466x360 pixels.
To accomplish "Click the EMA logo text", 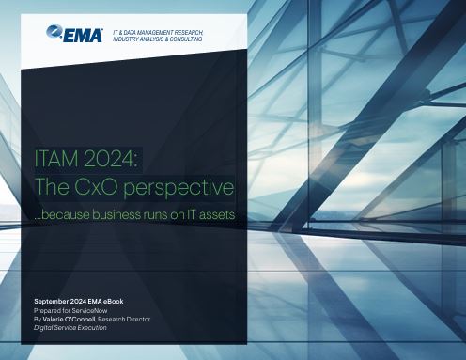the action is pos(83,36).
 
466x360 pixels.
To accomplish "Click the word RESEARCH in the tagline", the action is pos(189,33).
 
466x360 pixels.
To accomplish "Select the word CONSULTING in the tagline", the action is pos(186,39).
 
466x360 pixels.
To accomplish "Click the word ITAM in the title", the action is pos(56,159).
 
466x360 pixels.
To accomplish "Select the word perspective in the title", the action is pos(179,189).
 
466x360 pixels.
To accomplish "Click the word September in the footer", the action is pos(52,302).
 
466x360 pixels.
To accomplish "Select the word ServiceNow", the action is pos(89,310).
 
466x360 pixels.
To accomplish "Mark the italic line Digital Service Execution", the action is pos(70,328).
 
